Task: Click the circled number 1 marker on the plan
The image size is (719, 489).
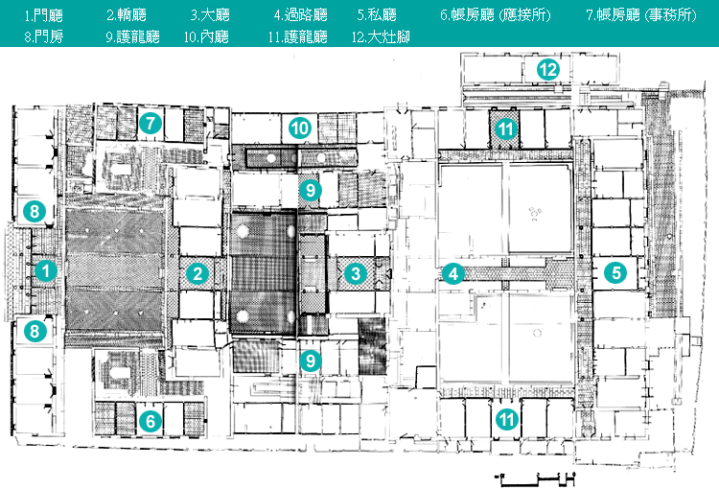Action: (44, 271)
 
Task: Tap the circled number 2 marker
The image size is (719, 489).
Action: (197, 273)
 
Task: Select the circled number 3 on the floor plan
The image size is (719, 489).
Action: (356, 273)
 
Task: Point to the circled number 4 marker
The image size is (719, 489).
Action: (453, 273)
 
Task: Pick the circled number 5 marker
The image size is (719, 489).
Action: (616, 272)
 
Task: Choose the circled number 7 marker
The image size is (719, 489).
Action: (150, 122)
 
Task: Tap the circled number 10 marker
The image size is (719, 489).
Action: (300, 127)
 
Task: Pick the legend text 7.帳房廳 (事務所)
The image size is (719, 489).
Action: (643, 15)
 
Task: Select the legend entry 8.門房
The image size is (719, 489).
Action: (42, 37)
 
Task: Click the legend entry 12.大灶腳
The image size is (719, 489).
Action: (382, 37)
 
